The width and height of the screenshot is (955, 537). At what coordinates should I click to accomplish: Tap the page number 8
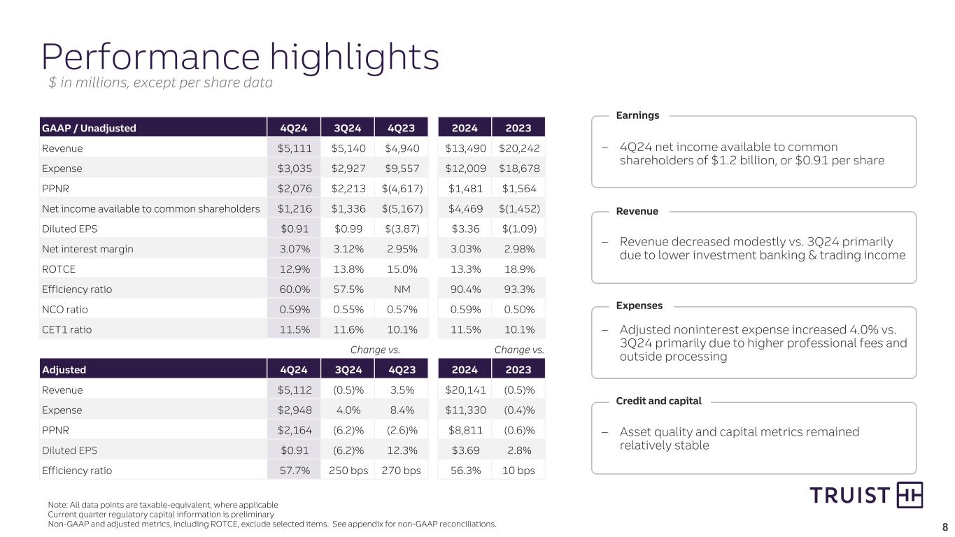point(945,527)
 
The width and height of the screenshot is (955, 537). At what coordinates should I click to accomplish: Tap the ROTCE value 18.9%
point(518,269)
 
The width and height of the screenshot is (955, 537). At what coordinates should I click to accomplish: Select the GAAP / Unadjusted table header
point(89,128)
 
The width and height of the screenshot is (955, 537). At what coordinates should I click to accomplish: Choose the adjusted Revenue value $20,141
point(465,390)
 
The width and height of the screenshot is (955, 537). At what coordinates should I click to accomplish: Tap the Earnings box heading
point(637,115)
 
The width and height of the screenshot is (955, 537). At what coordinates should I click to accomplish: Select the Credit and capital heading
point(658,401)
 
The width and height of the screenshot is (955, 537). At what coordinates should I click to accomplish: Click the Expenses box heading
point(639,306)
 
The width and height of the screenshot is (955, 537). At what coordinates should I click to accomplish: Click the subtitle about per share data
point(160,83)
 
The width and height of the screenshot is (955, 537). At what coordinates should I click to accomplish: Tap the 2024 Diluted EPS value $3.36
point(465,229)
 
